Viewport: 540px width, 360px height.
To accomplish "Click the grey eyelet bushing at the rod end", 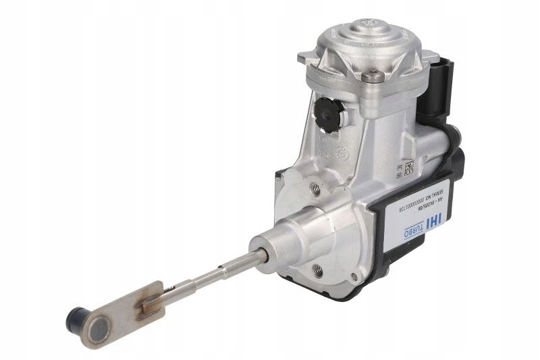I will (x=100, y=328).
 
